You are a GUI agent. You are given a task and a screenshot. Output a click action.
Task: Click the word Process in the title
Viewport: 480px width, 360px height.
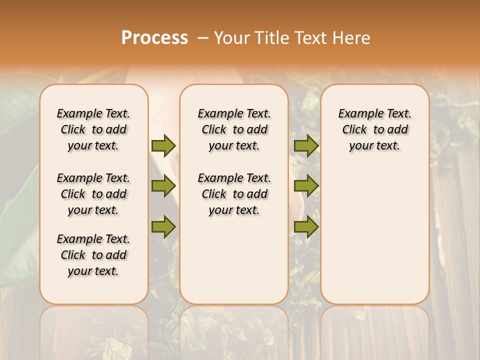pyautogui.click(x=154, y=37)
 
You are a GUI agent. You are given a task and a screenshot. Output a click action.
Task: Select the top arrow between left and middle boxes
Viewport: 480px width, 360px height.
pyautogui.click(x=163, y=145)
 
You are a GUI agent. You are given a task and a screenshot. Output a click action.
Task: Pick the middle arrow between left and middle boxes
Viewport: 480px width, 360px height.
pyautogui.click(x=163, y=186)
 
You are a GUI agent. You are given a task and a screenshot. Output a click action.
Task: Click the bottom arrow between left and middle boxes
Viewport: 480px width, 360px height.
pyautogui.click(x=163, y=227)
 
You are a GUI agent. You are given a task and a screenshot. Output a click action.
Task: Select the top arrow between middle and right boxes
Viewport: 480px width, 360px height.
pyautogui.click(x=306, y=145)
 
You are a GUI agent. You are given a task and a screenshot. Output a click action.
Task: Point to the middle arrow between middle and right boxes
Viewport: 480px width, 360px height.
pyautogui.click(x=306, y=186)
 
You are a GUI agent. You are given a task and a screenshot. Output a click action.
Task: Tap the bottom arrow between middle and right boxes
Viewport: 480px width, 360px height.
pyautogui.click(x=306, y=227)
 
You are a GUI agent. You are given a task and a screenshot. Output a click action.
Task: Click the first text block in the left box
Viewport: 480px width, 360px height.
pyautogui.click(x=93, y=129)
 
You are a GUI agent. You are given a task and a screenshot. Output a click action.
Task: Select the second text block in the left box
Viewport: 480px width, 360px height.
pyautogui.click(x=93, y=194)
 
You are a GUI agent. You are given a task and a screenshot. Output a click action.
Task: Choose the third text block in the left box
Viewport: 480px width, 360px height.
pyautogui.click(x=93, y=255)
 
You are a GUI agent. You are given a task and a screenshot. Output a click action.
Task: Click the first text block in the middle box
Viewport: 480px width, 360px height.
pyautogui.click(x=234, y=129)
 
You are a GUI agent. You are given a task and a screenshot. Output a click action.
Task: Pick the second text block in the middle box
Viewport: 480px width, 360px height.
pyautogui.click(x=234, y=194)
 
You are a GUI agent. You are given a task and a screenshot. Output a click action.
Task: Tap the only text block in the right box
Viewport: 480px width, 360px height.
pyautogui.click(x=374, y=129)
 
